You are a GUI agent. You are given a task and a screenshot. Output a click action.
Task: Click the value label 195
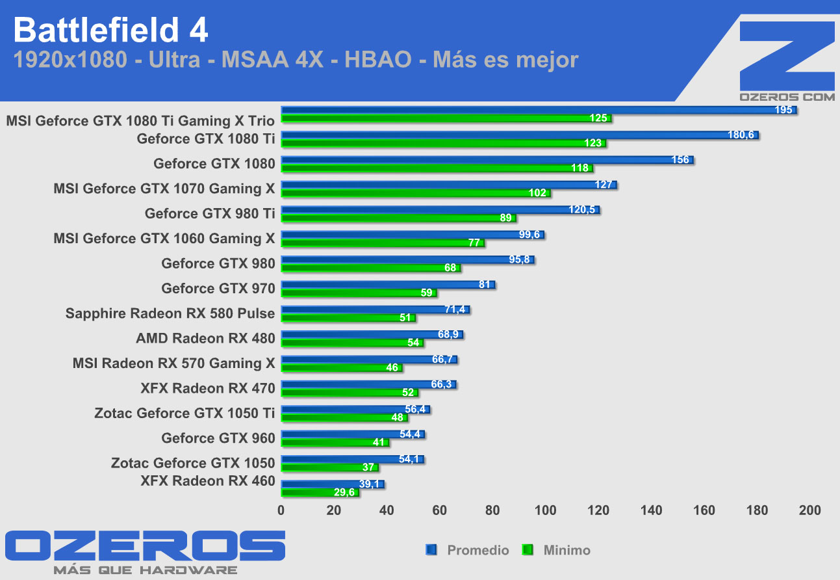[784, 110]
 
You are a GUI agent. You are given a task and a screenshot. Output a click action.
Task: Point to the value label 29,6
[344, 493]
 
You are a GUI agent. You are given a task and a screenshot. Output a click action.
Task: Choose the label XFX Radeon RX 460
[208, 481]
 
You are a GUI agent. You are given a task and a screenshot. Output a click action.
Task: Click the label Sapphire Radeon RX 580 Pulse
[170, 313]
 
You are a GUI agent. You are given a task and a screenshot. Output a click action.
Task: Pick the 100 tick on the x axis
[545, 510]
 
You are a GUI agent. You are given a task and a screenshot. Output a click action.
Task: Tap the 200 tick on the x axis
[809, 510]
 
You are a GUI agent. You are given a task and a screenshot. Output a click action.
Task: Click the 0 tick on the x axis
[281, 510]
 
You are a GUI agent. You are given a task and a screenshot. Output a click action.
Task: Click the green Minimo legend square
[528, 550]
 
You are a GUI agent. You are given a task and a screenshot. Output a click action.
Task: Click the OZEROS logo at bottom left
[144, 546]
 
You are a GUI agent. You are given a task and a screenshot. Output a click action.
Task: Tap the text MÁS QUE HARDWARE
[144, 570]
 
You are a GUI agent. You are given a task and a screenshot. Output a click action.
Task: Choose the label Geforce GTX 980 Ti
[210, 213]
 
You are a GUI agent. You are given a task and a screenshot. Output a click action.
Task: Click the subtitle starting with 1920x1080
[296, 60]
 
